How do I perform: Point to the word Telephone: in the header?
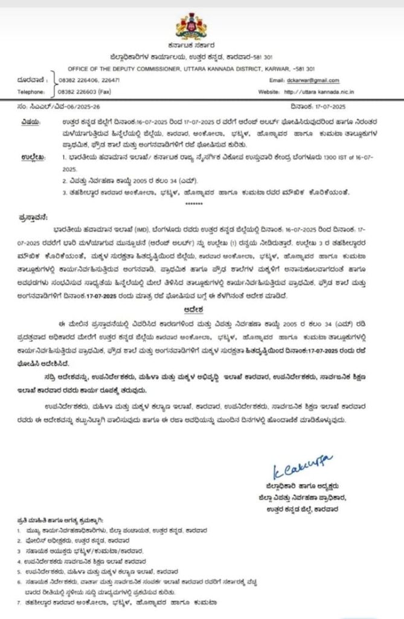tap(31, 91)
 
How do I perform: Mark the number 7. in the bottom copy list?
tap(20, 602)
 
